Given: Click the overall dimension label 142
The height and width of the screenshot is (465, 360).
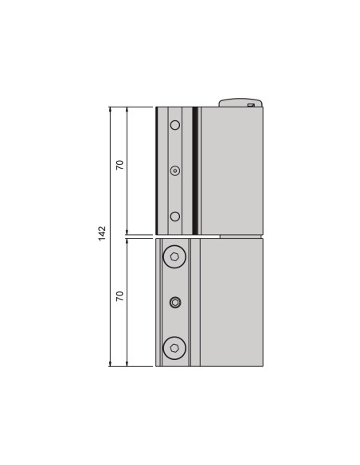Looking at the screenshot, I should [102, 233].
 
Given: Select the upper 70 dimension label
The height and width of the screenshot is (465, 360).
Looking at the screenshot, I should [119, 165].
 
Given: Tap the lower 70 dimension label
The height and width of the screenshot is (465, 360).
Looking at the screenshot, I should [119, 295].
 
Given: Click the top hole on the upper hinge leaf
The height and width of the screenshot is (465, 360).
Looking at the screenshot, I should [175, 124].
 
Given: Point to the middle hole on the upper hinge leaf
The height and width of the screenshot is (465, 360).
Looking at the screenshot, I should [175, 170].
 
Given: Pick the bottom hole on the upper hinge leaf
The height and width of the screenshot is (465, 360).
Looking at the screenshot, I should [175, 217].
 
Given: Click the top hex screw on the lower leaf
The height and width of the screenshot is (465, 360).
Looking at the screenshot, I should [174, 256].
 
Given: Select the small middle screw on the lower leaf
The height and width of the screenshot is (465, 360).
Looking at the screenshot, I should [175, 302].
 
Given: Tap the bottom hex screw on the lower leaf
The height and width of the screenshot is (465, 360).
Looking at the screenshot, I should [174, 347].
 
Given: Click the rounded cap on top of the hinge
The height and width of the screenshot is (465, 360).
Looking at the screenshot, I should [239, 102].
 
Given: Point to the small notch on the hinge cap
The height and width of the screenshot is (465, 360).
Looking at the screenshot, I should [251, 104].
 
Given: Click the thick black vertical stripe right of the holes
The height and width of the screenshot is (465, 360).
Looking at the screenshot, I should [195, 170].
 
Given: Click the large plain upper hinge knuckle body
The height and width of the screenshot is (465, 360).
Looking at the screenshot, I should [231, 170].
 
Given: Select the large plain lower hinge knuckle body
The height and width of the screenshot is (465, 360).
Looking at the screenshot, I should [231, 303].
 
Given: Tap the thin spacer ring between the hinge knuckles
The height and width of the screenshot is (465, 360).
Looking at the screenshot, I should [240, 236].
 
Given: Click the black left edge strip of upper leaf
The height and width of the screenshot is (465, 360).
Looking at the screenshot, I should [157, 170].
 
